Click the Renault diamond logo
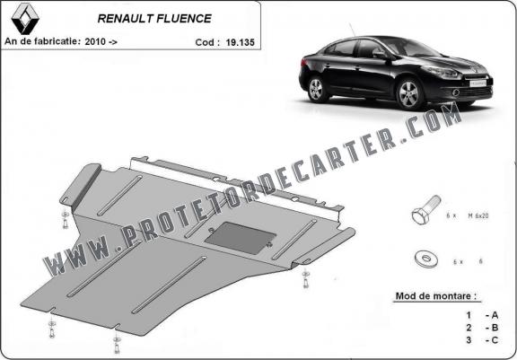[x=25, y=19]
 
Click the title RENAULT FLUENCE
[x=154, y=19]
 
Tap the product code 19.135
[x=240, y=42]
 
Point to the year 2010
[x=95, y=41]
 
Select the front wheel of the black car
[x=409, y=93]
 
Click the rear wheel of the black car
[x=317, y=89]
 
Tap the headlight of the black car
[x=442, y=72]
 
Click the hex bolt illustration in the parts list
[x=426, y=210]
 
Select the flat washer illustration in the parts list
[x=426, y=259]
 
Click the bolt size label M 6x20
[x=478, y=216]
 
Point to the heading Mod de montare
[x=436, y=295]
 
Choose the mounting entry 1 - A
[x=482, y=315]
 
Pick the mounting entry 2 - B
[x=482, y=328]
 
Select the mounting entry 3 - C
[x=482, y=340]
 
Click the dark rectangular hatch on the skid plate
[x=241, y=238]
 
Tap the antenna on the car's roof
[x=352, y=30]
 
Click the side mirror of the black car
[x=380, y=54]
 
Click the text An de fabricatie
[x=42, y=41]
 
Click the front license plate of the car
[x=477, y=83]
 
